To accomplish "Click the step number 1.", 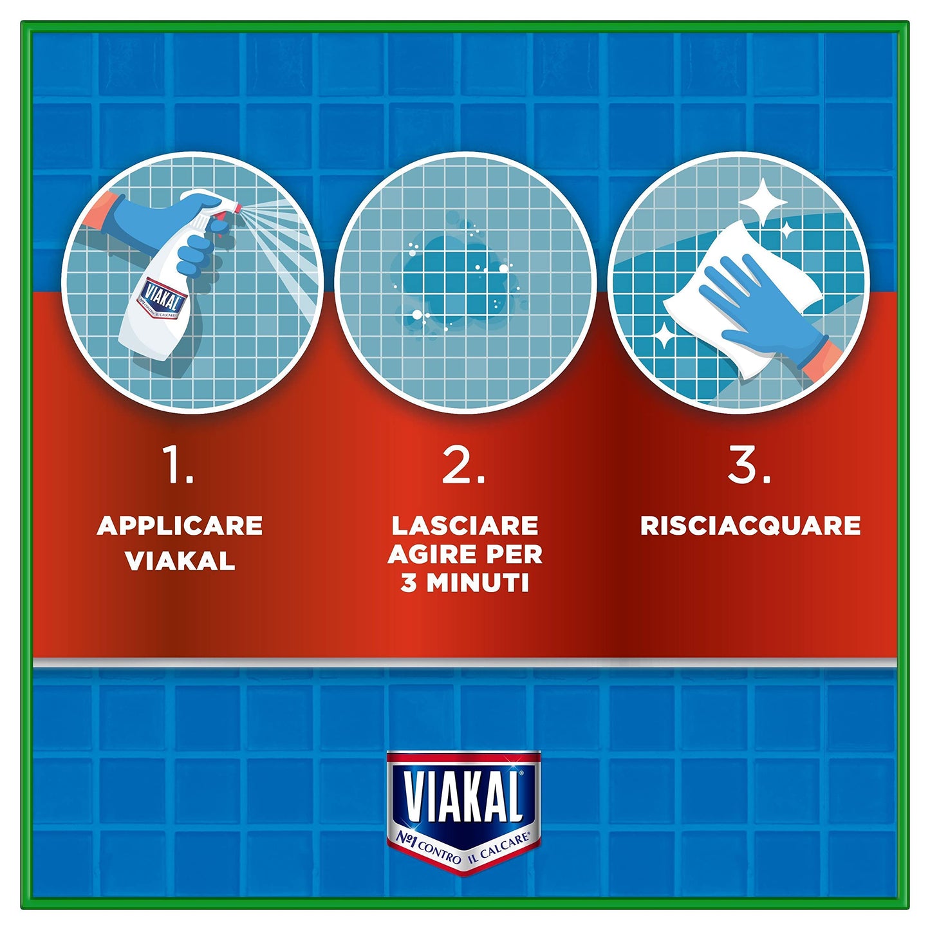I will pyautogui.click(x=177, y=466).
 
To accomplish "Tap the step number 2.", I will pyautogui.click(x=463, y=466).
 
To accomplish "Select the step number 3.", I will pyautogui.click(x=749, y=466).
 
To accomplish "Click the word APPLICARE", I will pyautogui.click(x=180, y=526).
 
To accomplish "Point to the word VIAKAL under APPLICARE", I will pyautogui.click(x=180, y=561).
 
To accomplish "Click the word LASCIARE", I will pyautogui.click(x=465, y=526).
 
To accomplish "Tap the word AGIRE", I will pyautogui.click(x=426, y=554).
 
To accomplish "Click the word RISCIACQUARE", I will pyautogui.click(x=750, y=526).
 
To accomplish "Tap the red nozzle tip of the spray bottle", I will pyautogui.click(x=238, y=208).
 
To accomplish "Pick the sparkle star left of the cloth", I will pyautogui.click(x=664, y=335).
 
